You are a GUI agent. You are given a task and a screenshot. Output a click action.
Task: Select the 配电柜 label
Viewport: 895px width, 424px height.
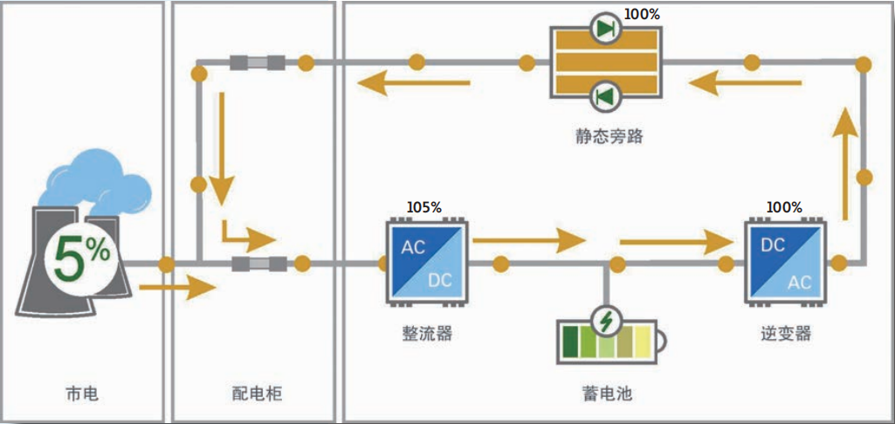tap(251, 394)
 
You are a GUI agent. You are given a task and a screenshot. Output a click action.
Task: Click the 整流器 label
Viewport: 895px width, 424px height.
tap(427, 333)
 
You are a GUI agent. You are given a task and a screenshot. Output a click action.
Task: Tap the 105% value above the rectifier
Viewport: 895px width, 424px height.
tap(424, 207)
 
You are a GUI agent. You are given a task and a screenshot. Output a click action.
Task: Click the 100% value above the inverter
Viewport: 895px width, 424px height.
tap(783, 207)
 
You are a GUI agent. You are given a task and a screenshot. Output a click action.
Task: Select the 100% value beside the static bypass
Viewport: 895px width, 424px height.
tap(642, 15)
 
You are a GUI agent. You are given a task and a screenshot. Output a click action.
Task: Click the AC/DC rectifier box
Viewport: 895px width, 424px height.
tap(426, 262)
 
